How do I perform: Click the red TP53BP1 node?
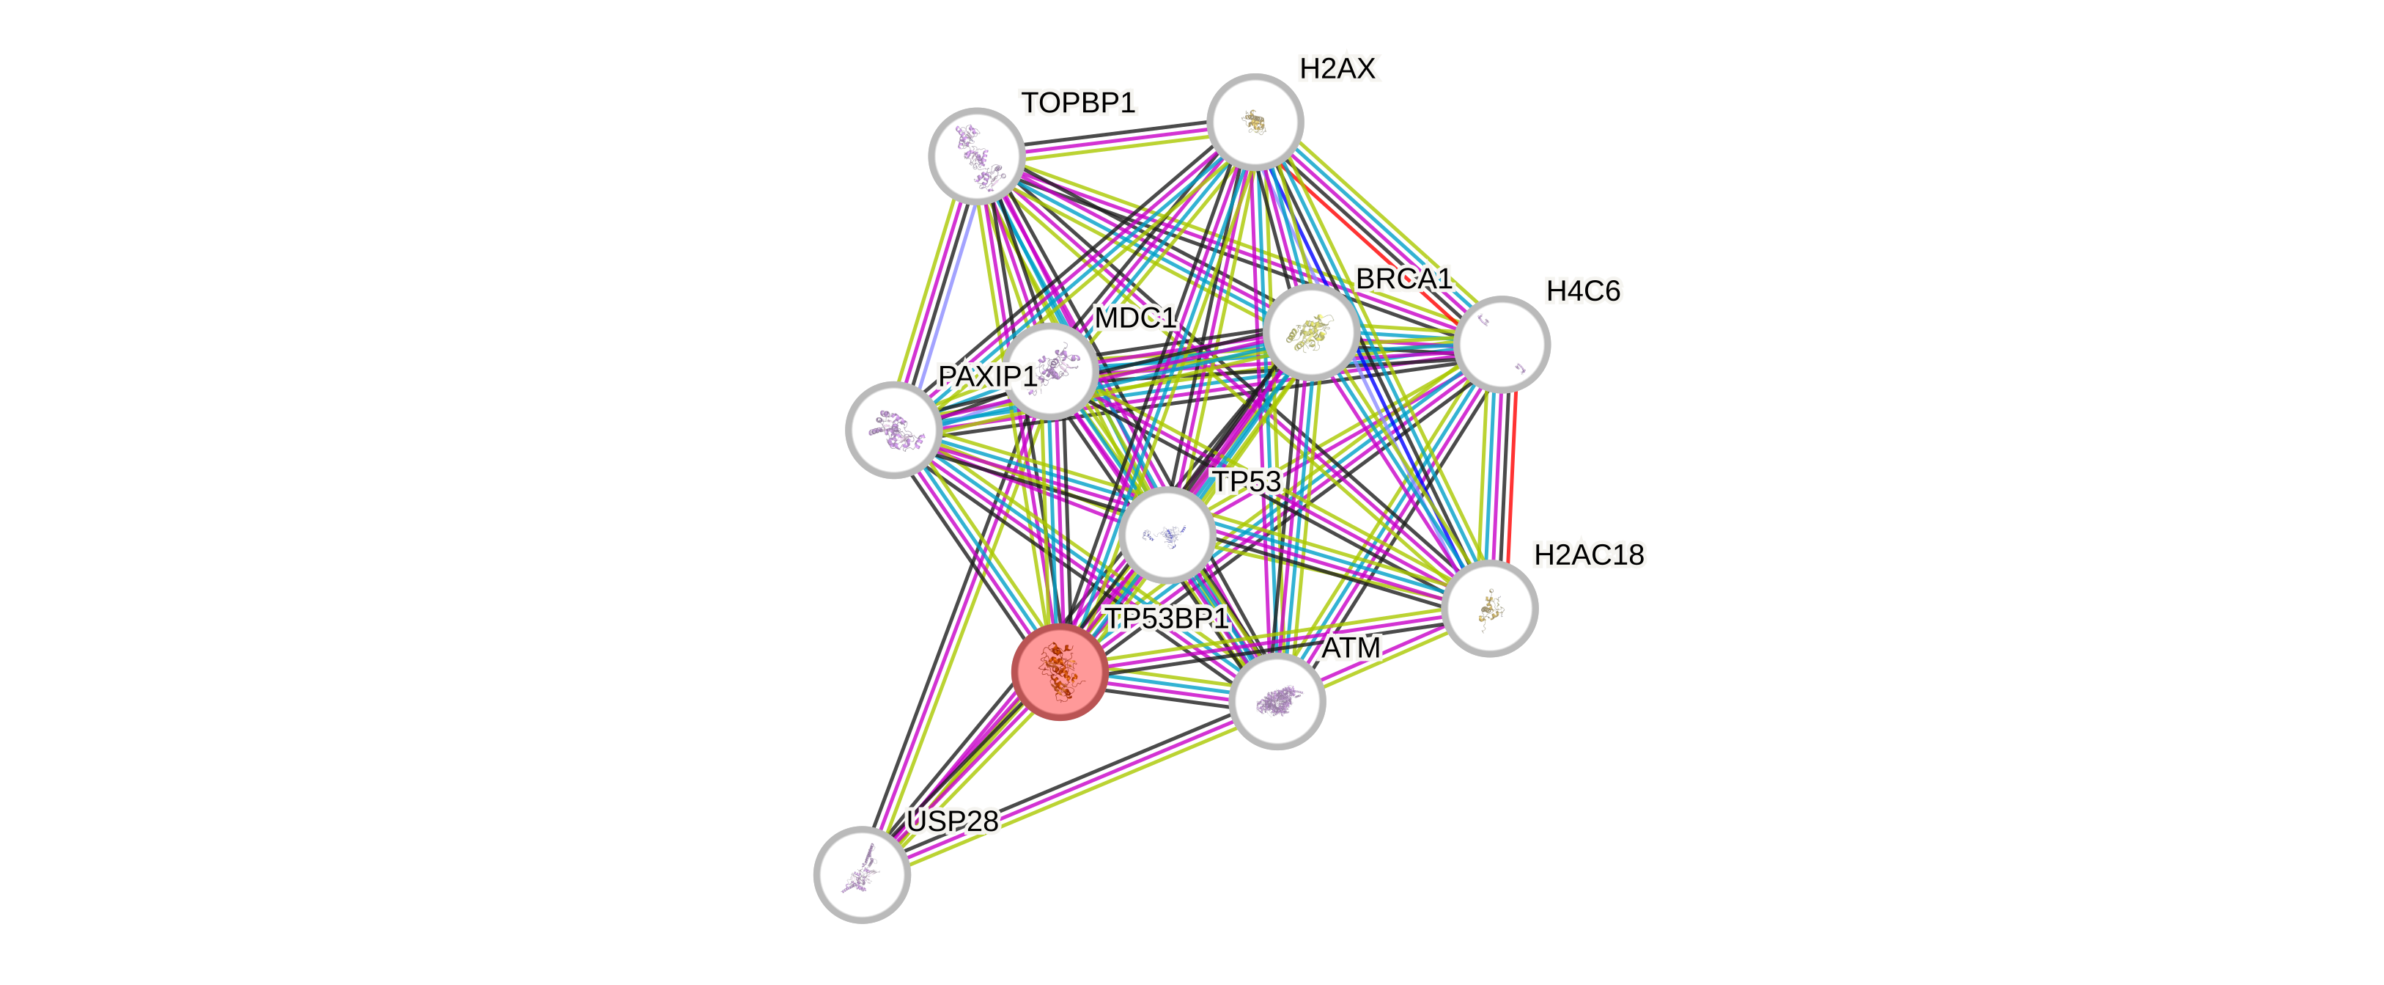pyautogui.click(x=1060, y=671)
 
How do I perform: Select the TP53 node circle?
pyautogui.click(x=1166, y=534)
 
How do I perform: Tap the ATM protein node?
pyautogui.click(x=1277, y=702)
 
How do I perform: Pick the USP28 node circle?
pyautogui.click(x=862, y=874)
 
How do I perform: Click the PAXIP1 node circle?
pyautogui.click(x=894, y=430)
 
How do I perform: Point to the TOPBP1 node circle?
pyautogui.click(x=976, y=155)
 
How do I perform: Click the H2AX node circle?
pyautogui.click(x=1255, y=121)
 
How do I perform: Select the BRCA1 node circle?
pyautogui.click(x=1311, y=332)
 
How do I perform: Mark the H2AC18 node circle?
pyautogui.click(x=1490, y=608)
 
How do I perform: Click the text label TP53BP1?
pyautogui.click(x=1167, y=618)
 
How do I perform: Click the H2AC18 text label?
pyautogui.click(x=1588, y=554)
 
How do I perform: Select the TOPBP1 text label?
pyautogui.click(x=1078, y=103)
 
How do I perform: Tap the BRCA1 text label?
pyautogui.click(x=1403, y=279)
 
